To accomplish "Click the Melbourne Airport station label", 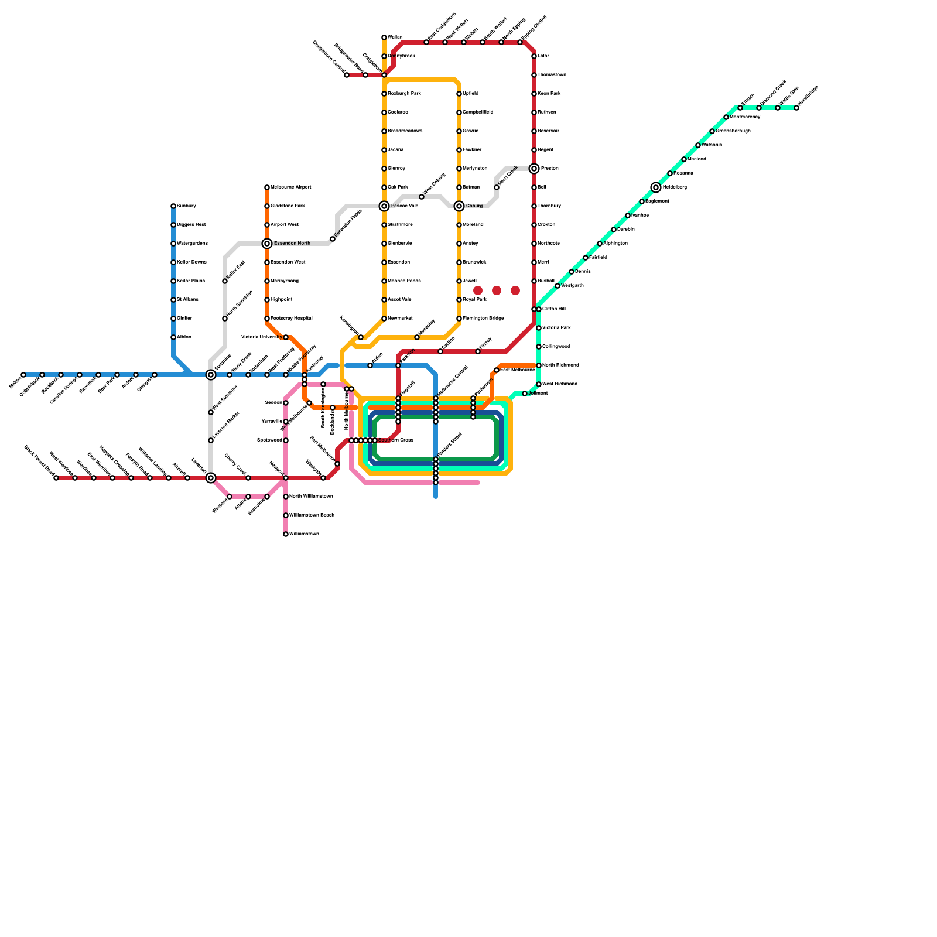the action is pyautogui.click(x=290, y=187).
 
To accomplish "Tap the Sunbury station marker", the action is pyautogui.click(x=173, y=206).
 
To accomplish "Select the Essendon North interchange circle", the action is pyautogui.click(x=267, y=244).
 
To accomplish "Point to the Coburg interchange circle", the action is pyautogui.click(x=459, y=206).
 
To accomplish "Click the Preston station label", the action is pyautogui.click(x=549, y=169).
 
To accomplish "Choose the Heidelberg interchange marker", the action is pyautogui.click(x=656, y=187).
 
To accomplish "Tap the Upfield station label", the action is pyautogui.click(x=470, y=94).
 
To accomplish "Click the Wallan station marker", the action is pyautogui.click(x=384, y=37).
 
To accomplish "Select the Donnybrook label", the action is pyautogui.click(x=401, y=56).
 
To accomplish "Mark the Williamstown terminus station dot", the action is pyautogui.click(x=286, y=534).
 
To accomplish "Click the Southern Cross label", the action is pyautogui.click(x=396, y=440).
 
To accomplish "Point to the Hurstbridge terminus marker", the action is pyautogui.click(x=796, y=108).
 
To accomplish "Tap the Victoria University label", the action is pyautogui.click(x=261, y=337).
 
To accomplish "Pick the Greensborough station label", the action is pyautogui.click(x=733, y=131).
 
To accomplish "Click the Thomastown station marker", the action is pyautogui.click(x=534, y=75).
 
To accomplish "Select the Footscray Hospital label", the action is pyautogui.click(x=291, y=319).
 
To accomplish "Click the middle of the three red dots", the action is pyautogui.click(x=497, y=290).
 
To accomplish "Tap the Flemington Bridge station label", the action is pyautogui.click(x=483, y=319).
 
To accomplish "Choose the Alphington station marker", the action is pyautogui.click(x=600, y=244).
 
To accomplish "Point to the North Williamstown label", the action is pyautogui.click(x=311, y=497).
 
